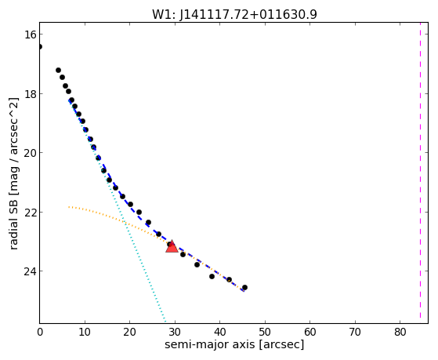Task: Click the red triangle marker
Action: point(172,247)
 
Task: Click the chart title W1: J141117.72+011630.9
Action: point(234,15)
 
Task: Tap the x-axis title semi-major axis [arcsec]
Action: point(234,344)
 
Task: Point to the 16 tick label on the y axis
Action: point(30,35)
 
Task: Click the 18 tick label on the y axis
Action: point(30,93)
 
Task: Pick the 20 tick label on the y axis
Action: point(30,153)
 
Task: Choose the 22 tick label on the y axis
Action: point(30,212)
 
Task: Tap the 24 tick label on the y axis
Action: point(30,271)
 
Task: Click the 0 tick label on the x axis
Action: point(40,332)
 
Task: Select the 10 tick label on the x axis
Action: point(85,332)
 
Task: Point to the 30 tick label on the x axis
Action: point(175,332)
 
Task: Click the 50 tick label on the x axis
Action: point(265,332)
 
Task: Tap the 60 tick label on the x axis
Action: point(310,332)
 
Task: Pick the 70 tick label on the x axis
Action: point(355,332)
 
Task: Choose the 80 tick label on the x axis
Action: point(400,332)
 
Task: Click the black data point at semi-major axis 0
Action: point(40,46)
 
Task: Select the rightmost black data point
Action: point(244,287)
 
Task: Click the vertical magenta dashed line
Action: point(420,173)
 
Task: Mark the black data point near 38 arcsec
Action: point(212,276)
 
